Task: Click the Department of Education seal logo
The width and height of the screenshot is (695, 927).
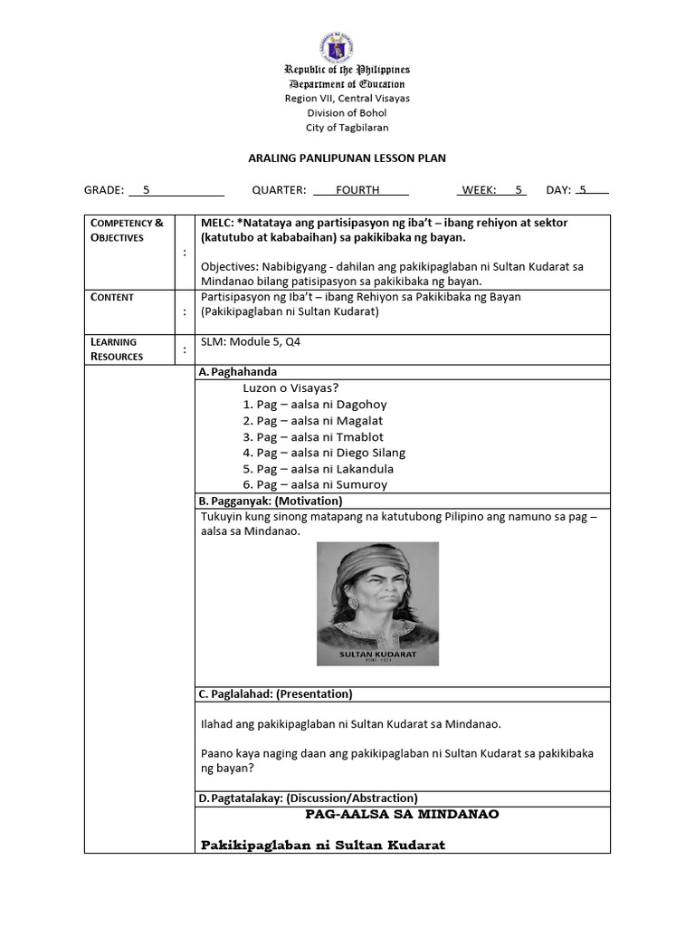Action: [x=336, y=47]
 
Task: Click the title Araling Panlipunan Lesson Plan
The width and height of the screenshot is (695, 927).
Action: [x=347, y=158]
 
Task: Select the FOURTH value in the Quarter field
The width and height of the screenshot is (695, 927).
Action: [x=357, y=190]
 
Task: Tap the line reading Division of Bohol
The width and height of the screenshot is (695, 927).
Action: [x=347, y=113]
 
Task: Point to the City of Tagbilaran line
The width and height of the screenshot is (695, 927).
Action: [x=347, y=128]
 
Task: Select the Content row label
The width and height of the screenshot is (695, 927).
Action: [x=112, y=297]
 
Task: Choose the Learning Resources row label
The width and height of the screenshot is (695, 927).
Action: [x=116, y=349]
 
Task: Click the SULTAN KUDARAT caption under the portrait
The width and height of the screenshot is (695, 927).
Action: [x=376, y=651]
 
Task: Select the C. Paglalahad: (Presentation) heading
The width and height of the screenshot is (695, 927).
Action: [x=275, y=694]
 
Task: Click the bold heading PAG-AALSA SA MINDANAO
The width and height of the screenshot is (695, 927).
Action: [x=402, y=814]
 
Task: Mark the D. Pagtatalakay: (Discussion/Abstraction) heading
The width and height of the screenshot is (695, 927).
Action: [x=308, y=798]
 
